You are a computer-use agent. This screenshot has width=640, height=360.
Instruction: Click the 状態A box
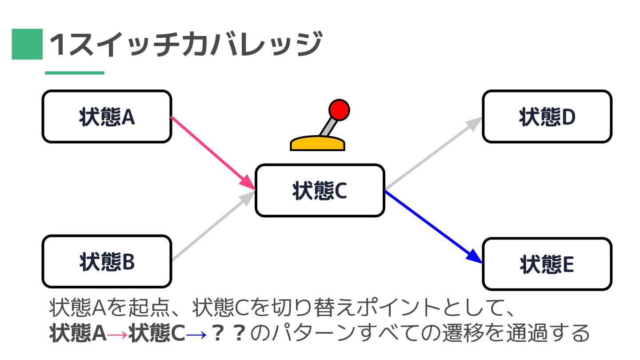(107, 117)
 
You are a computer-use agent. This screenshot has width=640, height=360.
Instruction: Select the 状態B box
(107, 262)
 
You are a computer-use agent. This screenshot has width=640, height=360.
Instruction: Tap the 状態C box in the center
(320, 190)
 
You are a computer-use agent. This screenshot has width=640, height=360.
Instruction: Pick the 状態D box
(547, 117)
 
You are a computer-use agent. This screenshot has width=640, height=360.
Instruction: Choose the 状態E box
(547, 264)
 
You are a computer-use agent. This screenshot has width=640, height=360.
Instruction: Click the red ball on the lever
(339, 109)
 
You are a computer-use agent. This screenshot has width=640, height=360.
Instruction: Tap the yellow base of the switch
(317, 144)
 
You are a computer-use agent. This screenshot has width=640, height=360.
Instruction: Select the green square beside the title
(27, 44)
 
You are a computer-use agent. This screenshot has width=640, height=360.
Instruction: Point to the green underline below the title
(74, 72)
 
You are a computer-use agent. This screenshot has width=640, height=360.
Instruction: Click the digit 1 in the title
(58, 45)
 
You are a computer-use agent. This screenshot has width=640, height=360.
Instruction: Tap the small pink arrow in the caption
(117, 334)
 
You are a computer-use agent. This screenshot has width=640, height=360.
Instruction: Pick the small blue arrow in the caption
(196, 334)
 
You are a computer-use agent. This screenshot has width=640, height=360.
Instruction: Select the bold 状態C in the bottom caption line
(156, 333)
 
